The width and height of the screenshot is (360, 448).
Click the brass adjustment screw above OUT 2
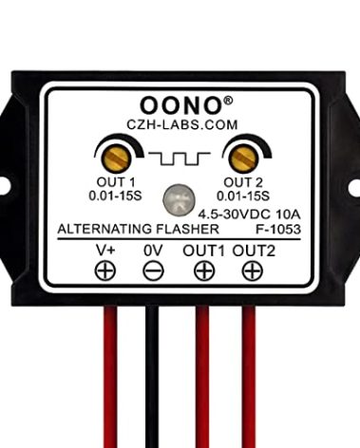[x=241, y=155]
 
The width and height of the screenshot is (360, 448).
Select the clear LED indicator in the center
[x=178, y=199]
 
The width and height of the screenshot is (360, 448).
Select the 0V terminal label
[x=152, y=251]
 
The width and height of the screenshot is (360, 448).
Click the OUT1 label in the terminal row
[x=204, y=251]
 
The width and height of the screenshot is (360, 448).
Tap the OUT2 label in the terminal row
[x=254, y=251]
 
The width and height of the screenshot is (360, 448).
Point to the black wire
[x=152, y=380]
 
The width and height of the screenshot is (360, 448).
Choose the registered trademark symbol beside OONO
[x=228, y=96]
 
